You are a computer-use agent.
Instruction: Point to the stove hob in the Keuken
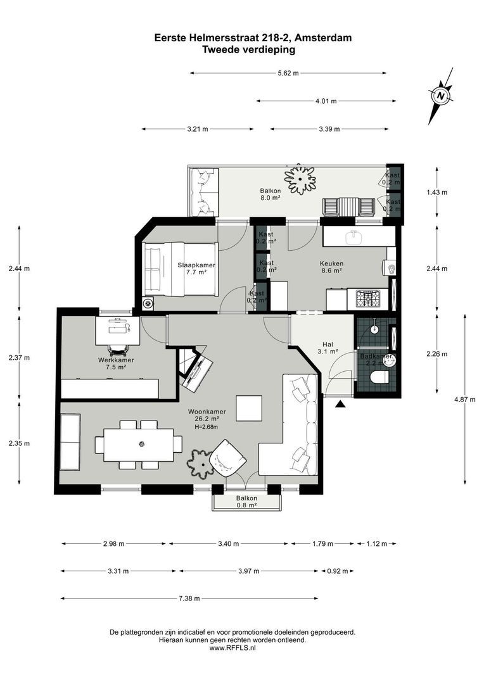[367, 297]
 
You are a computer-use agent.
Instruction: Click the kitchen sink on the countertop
[354, 237]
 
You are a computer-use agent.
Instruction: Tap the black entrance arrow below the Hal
[341, 403]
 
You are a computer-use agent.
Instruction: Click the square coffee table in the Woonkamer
[249, 408]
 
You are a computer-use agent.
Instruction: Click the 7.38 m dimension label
[188, 598]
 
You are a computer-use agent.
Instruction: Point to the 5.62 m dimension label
[289, 73]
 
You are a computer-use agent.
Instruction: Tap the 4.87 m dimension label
[466, 400]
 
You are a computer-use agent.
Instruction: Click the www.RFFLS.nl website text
[232, 648]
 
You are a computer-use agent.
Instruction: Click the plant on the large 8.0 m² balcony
[300, 179]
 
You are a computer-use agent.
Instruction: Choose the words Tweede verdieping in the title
[248, 49]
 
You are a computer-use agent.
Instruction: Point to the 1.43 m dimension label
[437, 193]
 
